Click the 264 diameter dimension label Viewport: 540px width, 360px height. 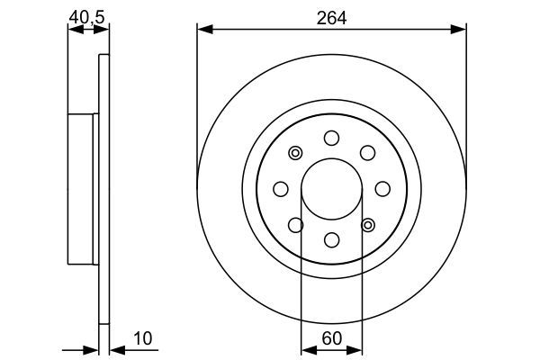[x=331, y=17]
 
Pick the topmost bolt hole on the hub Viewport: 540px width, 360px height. [x=331, y=138]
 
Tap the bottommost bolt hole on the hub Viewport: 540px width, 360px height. [x=331, y=239]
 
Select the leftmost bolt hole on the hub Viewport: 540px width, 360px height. [x=280, y=188]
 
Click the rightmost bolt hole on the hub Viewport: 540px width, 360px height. [x=382, y=188]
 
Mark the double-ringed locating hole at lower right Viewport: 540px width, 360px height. [x=367, y=224]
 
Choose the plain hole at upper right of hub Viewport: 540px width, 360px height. [x=367, y=152]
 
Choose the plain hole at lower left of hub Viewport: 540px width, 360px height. [x=295, y=224]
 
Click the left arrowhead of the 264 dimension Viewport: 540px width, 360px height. [x=203, y=31]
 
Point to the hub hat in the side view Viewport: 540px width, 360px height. [x=83, y=188]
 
